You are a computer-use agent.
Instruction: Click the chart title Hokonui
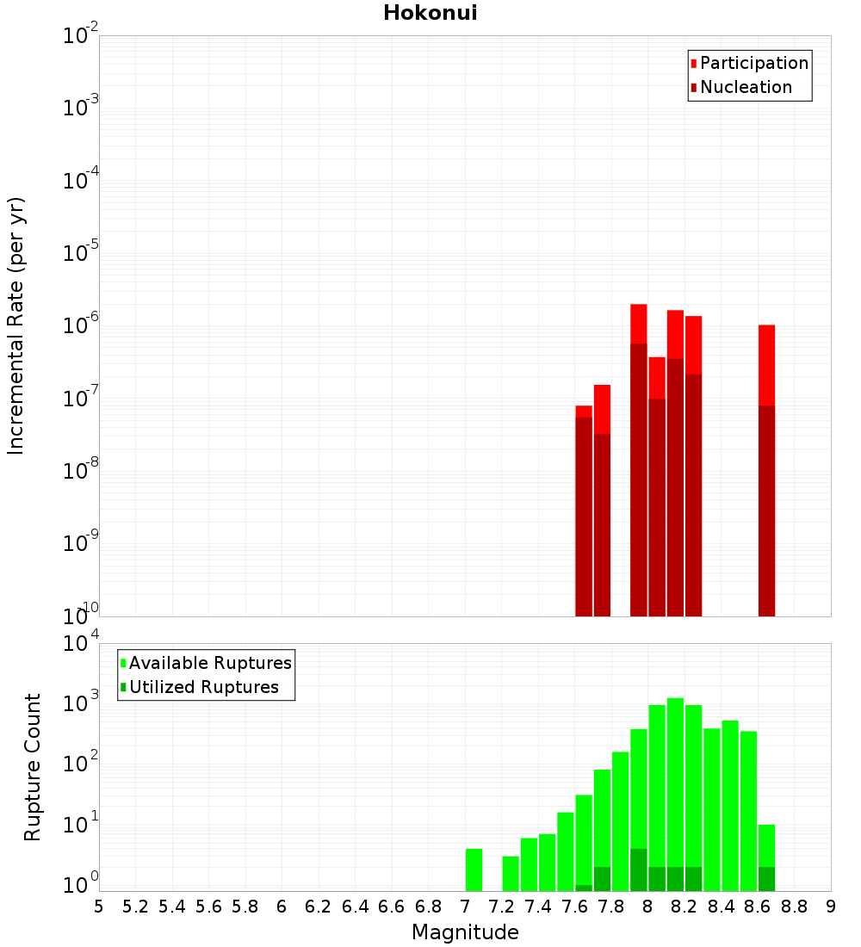430,13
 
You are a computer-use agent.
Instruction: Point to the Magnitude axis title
465,932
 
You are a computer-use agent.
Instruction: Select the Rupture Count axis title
33,767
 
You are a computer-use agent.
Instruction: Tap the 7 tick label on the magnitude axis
465,906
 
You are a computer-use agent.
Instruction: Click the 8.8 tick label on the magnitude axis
795,906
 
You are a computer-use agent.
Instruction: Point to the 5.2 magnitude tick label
135,906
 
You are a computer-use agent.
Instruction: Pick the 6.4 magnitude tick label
355,906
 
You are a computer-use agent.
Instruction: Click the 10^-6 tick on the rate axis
81,325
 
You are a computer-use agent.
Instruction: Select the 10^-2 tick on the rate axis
81,35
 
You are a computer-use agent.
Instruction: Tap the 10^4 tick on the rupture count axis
83,643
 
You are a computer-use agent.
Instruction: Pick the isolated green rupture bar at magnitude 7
474,870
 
